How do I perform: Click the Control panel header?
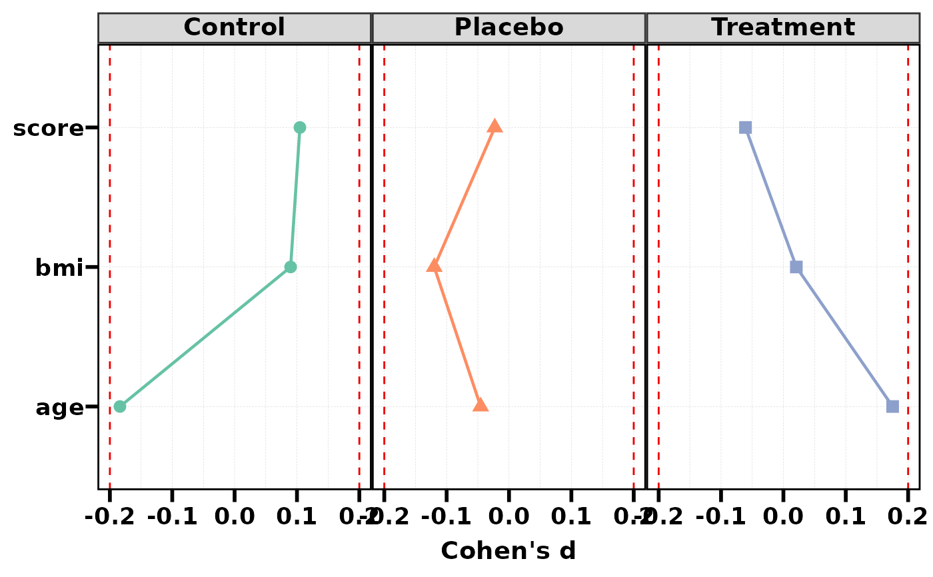click(234, 28)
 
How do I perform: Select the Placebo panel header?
click(508, 28)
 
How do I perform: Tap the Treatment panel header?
click(782, 28)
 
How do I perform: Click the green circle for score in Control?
click(300, 127)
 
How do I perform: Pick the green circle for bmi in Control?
click(291, 267)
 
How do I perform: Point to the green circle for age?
click(120, 406)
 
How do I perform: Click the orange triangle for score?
click(494, 127)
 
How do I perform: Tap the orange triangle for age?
click(480, 405)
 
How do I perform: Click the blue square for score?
click(745, 127)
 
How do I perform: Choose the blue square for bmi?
click(796, 267)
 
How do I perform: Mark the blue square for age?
click(892, 406)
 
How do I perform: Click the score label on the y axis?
click(48, 128)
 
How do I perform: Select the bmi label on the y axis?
click(59, 268)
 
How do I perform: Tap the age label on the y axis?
click(59, 407)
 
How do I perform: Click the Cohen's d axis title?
click(508, 551)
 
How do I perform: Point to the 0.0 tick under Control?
click(235, 516)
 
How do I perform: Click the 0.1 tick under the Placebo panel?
click(571, 516)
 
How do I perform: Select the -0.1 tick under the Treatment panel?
click(720, 516)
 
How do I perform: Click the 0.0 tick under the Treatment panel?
click(783, 516)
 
